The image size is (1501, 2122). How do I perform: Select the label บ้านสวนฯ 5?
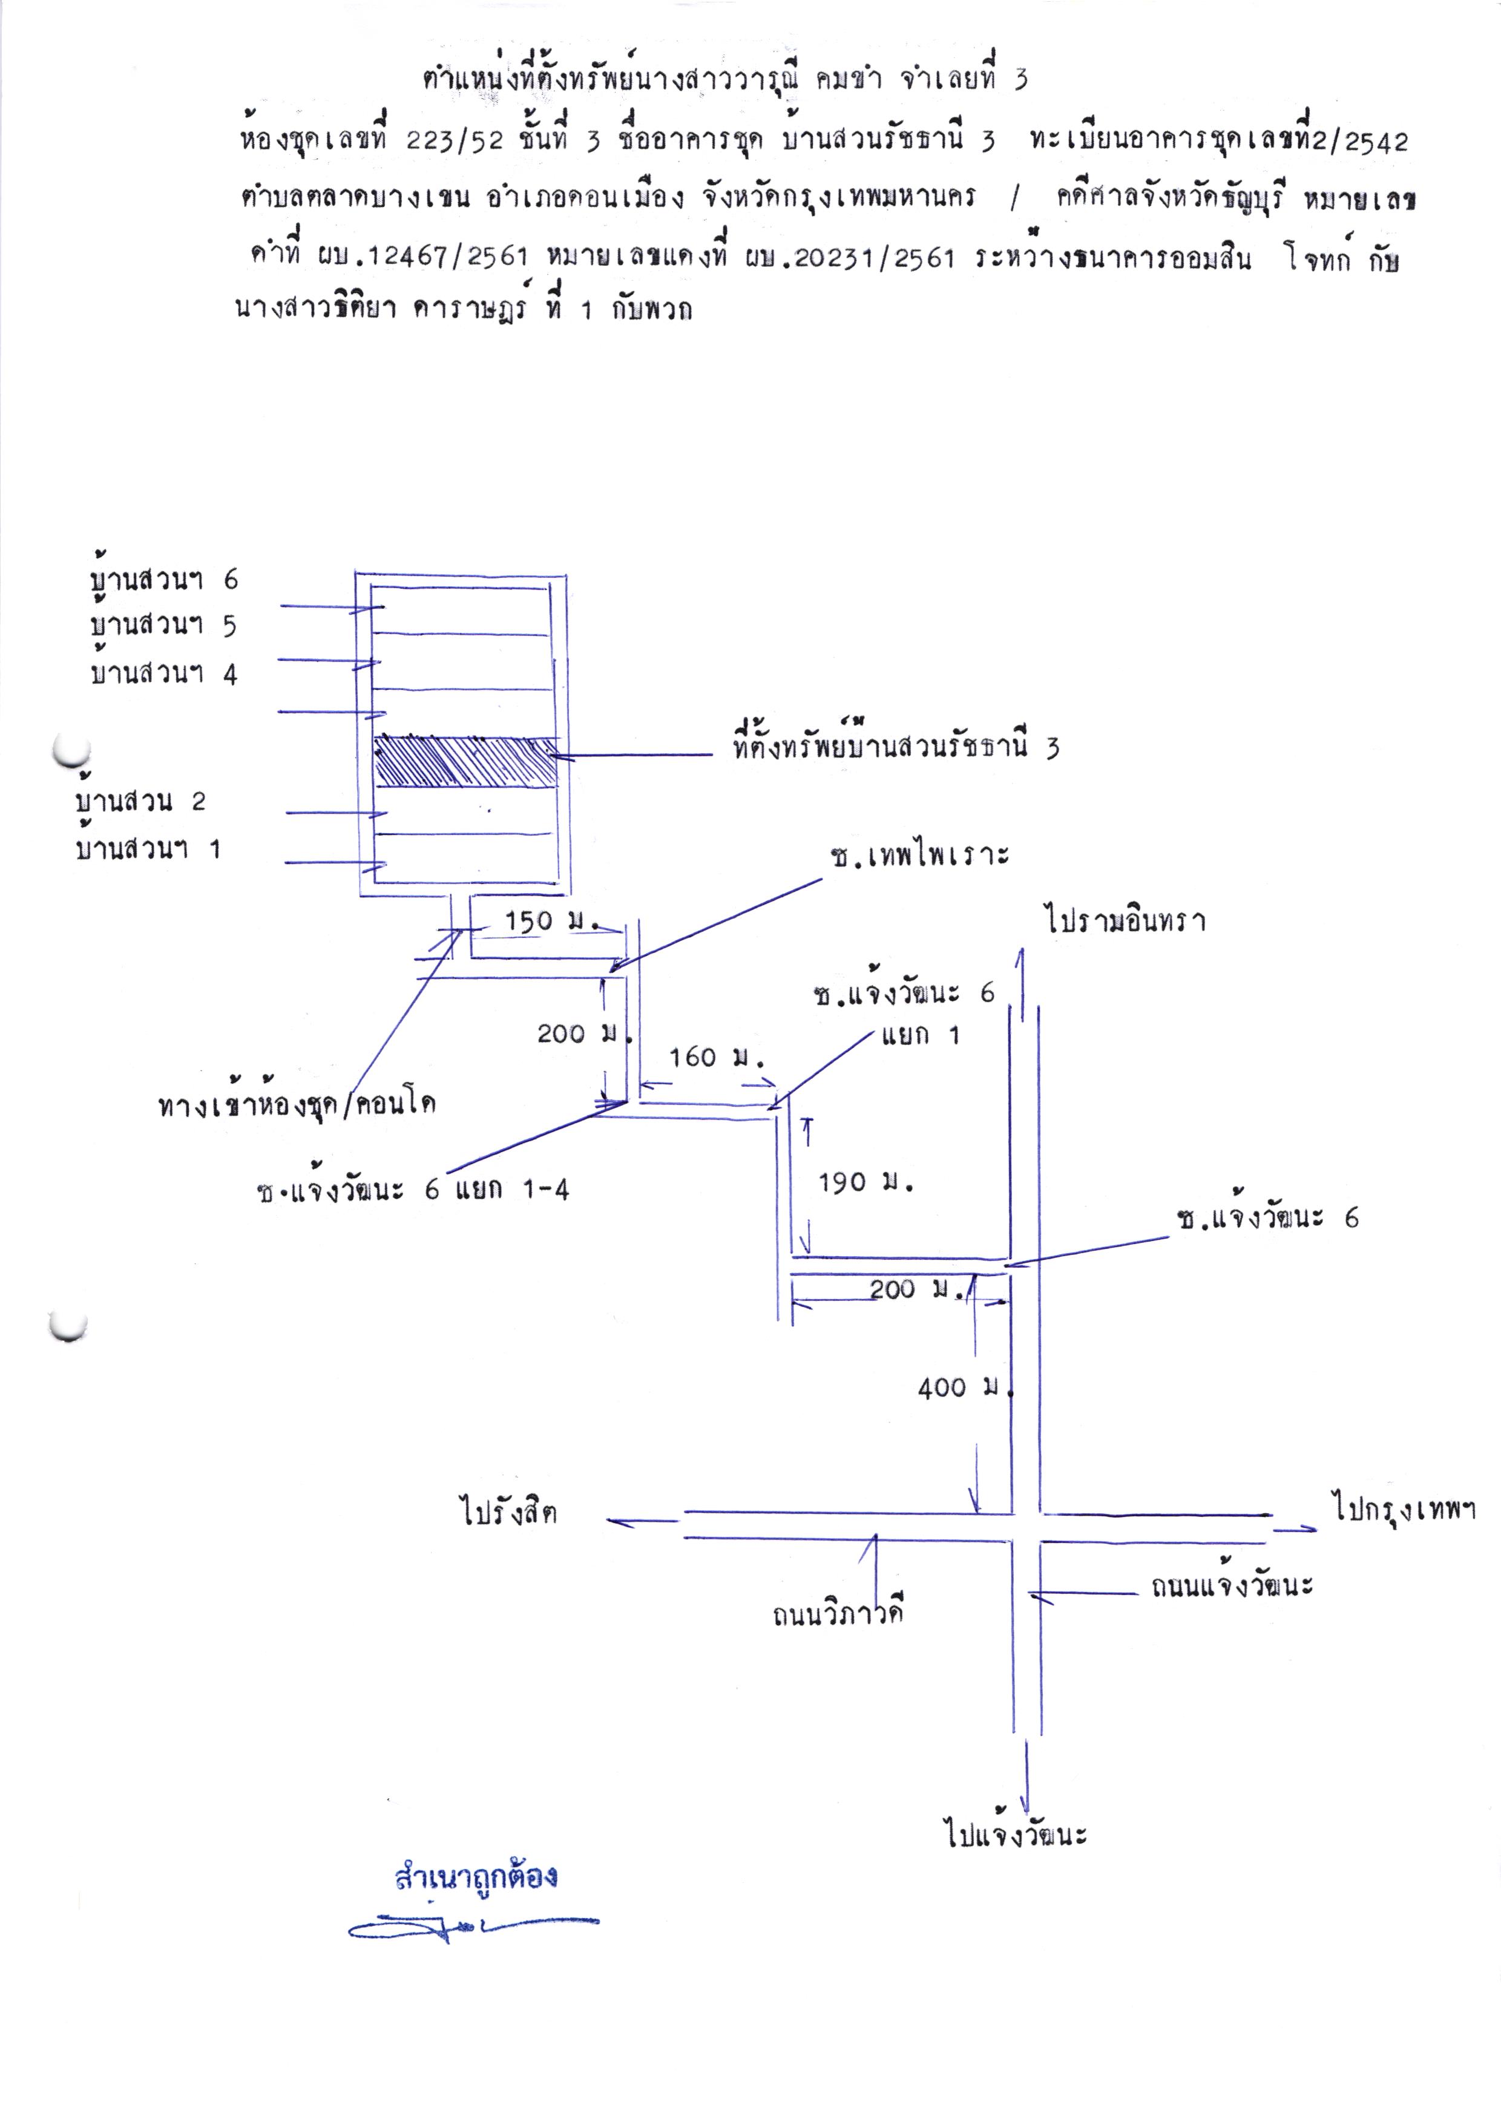tap(163, 625)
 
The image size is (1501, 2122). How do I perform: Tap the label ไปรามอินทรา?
tap(1126, 920)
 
